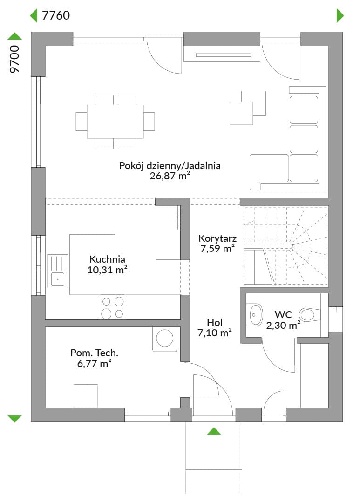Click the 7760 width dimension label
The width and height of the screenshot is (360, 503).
56,15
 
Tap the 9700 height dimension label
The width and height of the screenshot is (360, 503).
15,59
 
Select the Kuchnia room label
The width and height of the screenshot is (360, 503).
107,259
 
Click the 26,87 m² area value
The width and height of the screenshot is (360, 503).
170,176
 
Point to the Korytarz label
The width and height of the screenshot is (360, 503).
217,238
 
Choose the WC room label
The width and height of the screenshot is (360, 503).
283,315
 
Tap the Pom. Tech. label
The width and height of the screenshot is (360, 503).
95,353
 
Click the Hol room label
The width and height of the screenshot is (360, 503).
215,322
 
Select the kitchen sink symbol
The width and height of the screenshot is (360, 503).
58,271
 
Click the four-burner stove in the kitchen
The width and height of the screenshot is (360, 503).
112,307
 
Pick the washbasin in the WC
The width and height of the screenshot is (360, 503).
255,315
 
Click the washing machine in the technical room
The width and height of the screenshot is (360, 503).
164,339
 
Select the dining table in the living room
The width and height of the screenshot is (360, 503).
115,122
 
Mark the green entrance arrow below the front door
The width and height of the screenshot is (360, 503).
214,431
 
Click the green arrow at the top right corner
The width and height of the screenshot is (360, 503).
340,15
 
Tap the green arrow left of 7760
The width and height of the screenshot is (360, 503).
34,15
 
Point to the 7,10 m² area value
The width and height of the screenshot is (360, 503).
215,333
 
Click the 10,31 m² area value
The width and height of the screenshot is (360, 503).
107,270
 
